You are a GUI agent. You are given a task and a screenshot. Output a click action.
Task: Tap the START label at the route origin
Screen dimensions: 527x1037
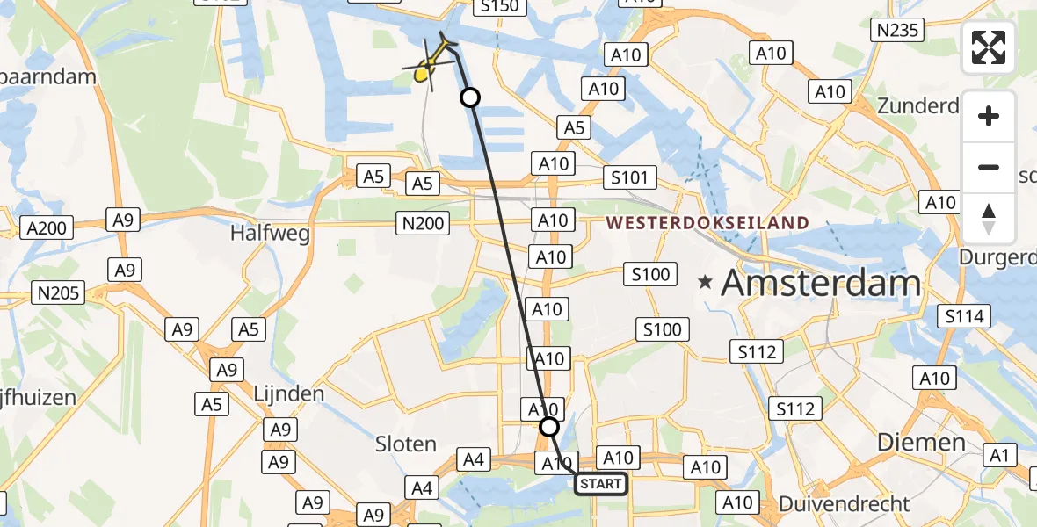pos(601,484)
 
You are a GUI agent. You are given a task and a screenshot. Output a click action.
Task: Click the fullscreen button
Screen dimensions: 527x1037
pos(989,47)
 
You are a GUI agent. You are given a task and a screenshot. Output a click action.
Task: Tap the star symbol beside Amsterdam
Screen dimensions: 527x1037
pos(705,283)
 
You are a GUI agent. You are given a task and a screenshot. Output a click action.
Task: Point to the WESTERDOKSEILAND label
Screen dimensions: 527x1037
pos(707,222)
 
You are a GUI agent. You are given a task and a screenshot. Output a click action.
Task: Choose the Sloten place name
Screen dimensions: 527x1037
pos(405,444)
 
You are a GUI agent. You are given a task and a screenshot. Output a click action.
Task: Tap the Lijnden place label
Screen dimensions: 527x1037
pos(289,393)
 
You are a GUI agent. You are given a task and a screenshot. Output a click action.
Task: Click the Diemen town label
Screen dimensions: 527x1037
pos(922,442)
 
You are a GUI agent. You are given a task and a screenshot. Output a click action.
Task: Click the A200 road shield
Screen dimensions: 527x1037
pos(46,228)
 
